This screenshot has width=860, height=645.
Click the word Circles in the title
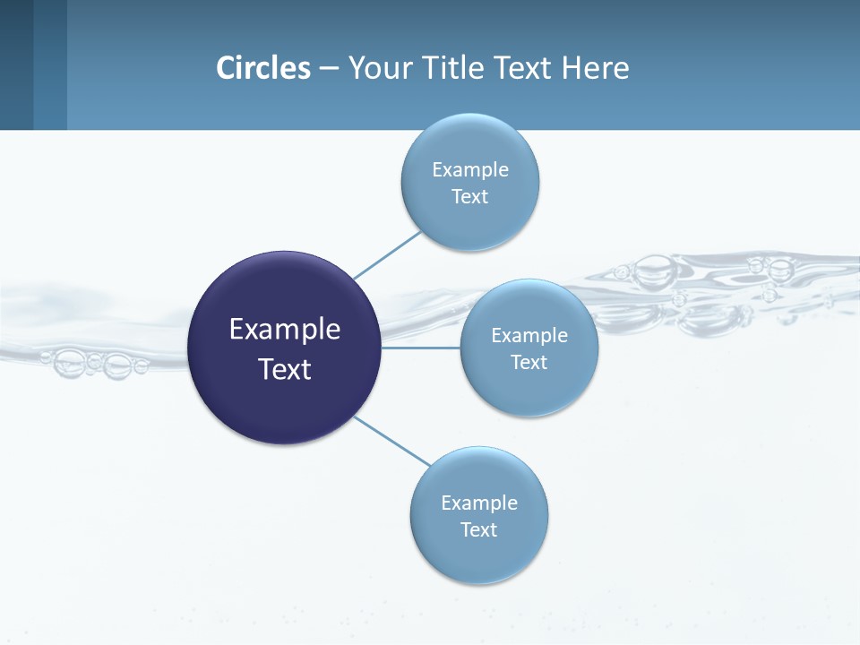263,68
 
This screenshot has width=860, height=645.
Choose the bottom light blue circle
479,555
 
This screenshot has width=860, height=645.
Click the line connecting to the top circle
387,255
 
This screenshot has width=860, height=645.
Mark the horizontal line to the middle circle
421,348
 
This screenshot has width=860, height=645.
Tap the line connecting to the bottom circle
392,441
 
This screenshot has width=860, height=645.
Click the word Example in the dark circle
285,330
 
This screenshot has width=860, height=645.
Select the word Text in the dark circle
285,369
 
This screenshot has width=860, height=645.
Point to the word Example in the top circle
470,169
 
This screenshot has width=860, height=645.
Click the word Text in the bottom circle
478,529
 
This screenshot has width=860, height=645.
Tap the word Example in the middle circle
529,335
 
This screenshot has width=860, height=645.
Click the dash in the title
328,68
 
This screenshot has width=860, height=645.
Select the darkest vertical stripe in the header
16,64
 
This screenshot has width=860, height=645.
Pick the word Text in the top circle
469,196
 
